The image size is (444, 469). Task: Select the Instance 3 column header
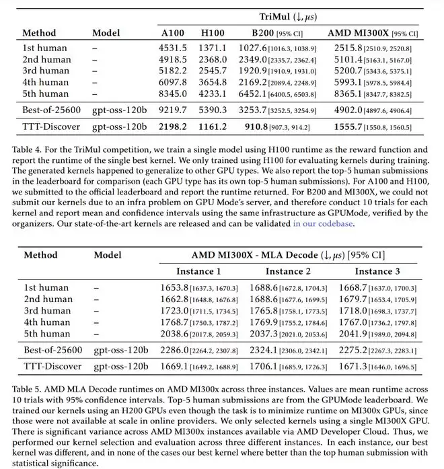click(x=377, y=271)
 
